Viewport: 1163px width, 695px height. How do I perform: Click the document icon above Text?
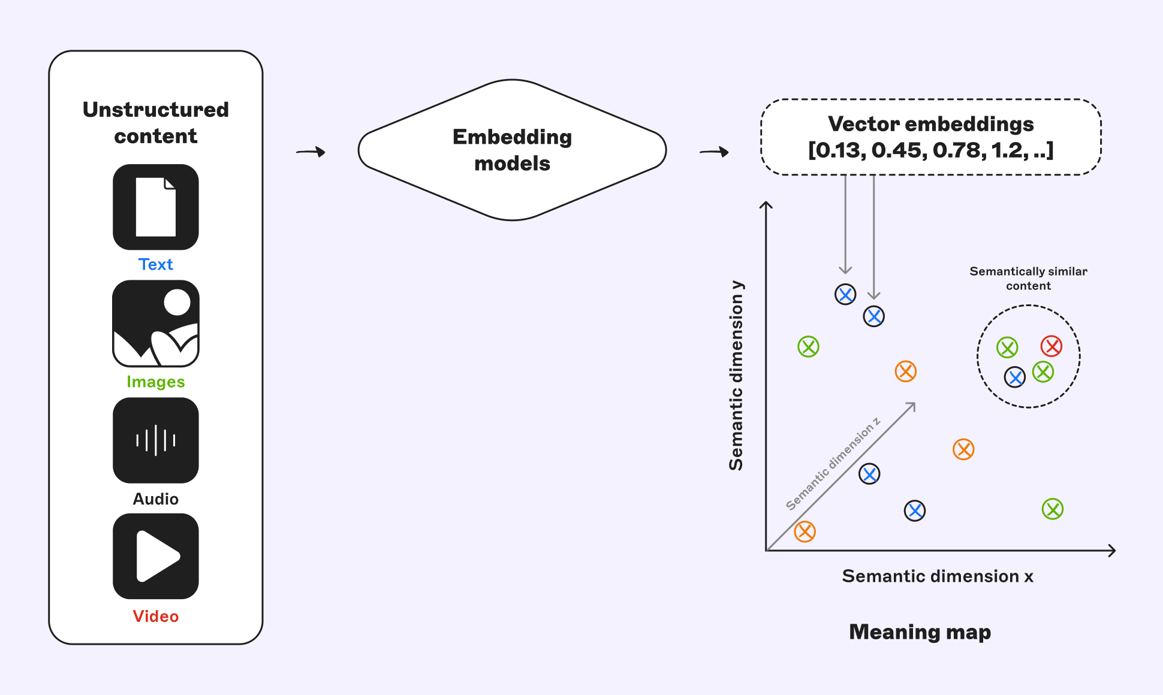pyautogui.click(x=156, y=207)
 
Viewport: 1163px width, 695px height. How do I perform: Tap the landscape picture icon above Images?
pyautogui.click(x=156, y=324)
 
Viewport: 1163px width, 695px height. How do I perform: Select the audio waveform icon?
pyautogui.click(x=156, y=440)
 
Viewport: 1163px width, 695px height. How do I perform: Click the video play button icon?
pyautogui.click(x=156, y=556)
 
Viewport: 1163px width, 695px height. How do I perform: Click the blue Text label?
pyautogui.click(x=156, y=264)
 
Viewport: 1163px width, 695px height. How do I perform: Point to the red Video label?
pyautogui.click(x=156, y=616)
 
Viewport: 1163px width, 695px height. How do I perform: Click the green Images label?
pyautogui.click(x=156, y=382)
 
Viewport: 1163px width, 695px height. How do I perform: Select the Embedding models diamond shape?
pyautogui.click(x=512, y=150)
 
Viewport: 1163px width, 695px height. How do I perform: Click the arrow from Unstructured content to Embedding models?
pyautogui.click(x=311, y=152)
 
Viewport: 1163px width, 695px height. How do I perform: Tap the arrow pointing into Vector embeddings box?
pyautogui.click(x=714, y=152)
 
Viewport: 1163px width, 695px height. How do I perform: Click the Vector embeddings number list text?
pyautogui.click(x=930, y=150)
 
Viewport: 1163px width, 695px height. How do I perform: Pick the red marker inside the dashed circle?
pyautogui.click(x=1051, y=346)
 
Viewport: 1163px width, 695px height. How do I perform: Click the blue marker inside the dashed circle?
pyautogui.click(x=1015, y=377)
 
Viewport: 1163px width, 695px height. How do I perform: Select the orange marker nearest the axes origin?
pyautogui.click(x=805, y=531)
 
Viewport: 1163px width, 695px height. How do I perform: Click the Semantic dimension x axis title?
pyautogui.click(x=938, y=576)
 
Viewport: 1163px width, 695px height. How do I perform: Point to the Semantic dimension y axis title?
pyautogui.click(x=736, y=376)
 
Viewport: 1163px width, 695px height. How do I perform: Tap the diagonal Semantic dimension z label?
pyautogui.click(x=833, y=464)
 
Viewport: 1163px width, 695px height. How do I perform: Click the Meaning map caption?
pyautogui.click(x=920, y=631)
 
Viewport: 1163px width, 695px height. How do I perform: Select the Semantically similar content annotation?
pyautogui.click(x=1028, y=279)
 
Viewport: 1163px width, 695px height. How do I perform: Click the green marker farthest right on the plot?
pyautogui.click(x=1052, y=509)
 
